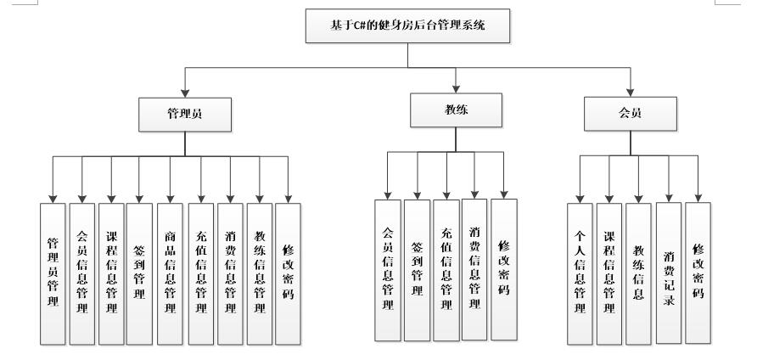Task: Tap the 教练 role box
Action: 457,110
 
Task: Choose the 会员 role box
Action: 631,113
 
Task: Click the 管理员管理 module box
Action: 53,272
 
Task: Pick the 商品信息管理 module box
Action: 171,272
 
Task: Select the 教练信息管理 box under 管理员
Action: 259,272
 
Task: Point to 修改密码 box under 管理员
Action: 289,272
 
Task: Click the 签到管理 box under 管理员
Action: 140,272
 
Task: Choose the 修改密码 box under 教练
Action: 503,268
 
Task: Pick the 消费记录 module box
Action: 668,272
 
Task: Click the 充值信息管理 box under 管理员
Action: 200,272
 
